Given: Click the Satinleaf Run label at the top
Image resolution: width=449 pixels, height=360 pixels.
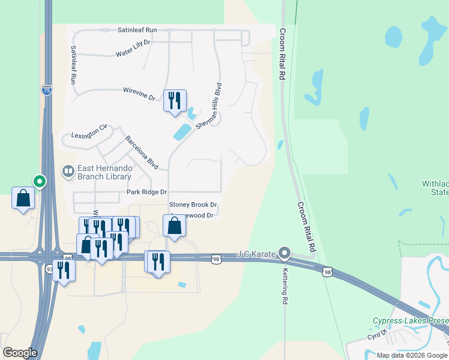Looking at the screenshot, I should (x=137, y=29).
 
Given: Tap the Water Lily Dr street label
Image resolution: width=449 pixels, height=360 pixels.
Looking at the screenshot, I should (x=133, y=49).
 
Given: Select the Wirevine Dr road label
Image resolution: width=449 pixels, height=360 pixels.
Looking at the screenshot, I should (x=139, y=93).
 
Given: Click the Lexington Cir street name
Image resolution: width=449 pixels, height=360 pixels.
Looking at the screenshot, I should (x=89, y=131).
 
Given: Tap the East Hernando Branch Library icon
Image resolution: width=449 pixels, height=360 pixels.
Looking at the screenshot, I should (x=68, y=172).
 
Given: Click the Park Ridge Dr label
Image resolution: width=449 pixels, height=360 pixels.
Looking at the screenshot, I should (x=146, y=193).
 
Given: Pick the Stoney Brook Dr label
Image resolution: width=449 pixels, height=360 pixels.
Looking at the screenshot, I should (x=193, y=205).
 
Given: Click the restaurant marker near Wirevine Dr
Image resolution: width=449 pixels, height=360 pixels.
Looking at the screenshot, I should (x=175, y=100).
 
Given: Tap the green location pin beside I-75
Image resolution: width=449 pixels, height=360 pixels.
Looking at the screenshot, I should (x=40, y=180).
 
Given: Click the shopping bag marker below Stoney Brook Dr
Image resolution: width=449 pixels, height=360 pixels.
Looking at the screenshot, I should (x=174, y=226).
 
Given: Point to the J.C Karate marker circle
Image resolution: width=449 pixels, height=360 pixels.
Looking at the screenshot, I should (x=285, y=253).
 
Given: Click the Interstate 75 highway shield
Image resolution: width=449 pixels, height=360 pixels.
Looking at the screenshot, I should (x=47, y=90).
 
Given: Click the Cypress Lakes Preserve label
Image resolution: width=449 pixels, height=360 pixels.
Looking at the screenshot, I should (x=410, y=320).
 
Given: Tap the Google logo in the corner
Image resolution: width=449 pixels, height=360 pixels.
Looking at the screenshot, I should (x=20, y=352).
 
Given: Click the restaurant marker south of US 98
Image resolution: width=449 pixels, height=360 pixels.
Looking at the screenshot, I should (x=63, y=270).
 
